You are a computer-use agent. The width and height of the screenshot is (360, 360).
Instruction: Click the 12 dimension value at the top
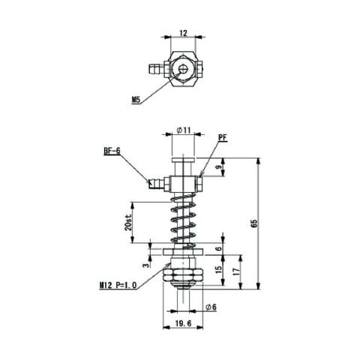point(183,33)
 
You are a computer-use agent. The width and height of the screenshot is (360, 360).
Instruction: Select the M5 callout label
point(136,100)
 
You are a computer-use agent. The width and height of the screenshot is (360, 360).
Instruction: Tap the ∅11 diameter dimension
point(184,130)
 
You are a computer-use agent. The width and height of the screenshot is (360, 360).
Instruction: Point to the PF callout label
point(223,137)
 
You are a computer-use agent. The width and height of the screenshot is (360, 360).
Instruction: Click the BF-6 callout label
point(112,151)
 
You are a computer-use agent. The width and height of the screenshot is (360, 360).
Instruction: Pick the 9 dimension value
point(218,167)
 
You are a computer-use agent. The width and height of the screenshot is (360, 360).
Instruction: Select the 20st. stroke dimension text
point(127,222)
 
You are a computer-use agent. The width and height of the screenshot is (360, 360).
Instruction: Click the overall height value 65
point(253,223)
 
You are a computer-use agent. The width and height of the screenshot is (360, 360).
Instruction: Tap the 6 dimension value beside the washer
point(219,249)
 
